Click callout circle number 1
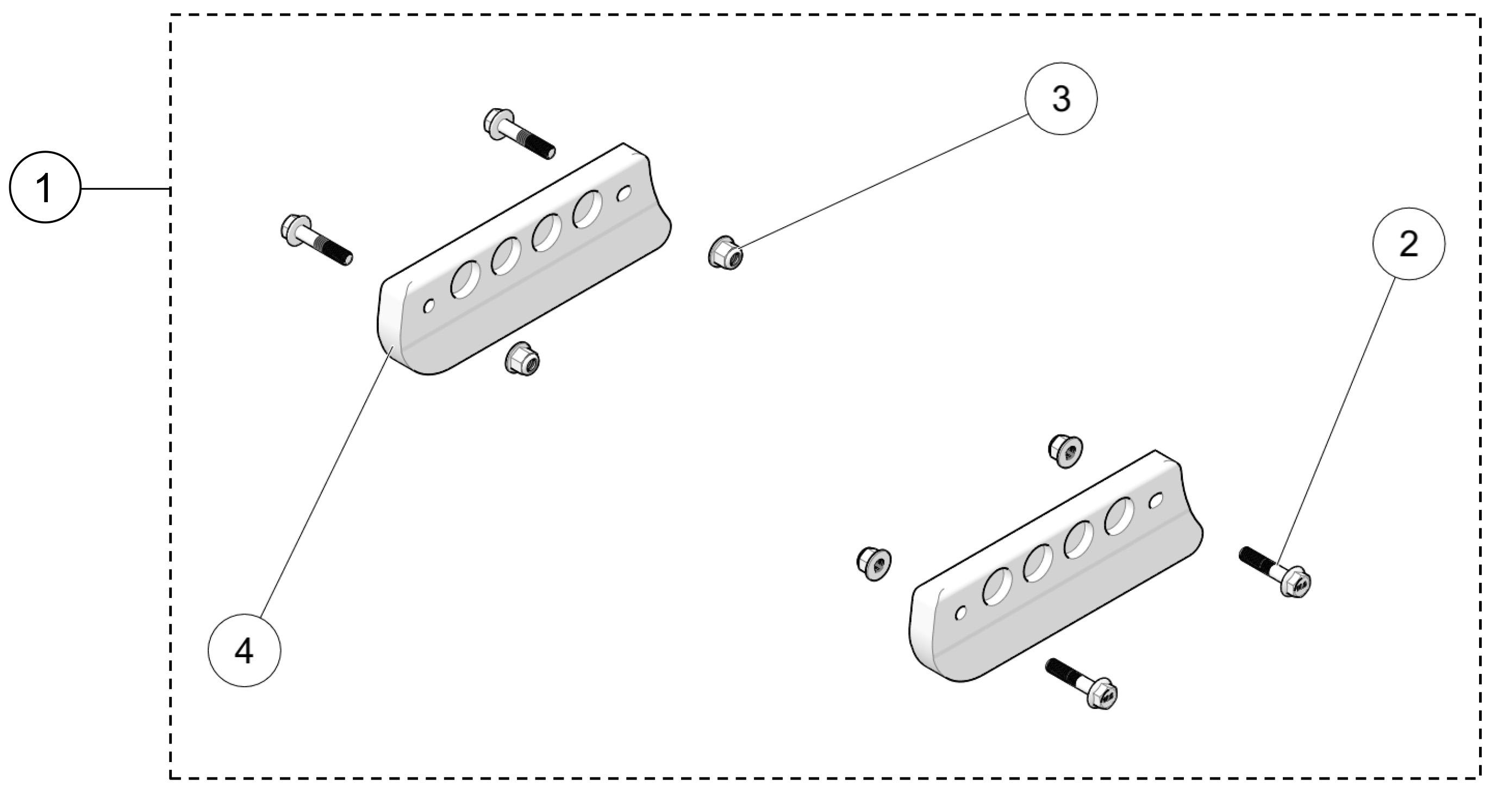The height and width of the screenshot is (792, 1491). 45,187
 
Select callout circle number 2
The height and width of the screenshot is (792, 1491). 1408,244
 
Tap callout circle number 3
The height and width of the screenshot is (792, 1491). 1060,99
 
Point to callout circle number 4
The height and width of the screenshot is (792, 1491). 244,651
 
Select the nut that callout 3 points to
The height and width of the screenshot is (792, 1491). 725,253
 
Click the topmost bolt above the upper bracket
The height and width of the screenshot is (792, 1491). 519,133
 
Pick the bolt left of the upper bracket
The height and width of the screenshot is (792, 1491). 316,240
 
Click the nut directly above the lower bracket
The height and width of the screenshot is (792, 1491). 1065,451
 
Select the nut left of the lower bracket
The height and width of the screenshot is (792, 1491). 874,563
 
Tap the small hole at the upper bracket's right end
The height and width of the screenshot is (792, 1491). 624,194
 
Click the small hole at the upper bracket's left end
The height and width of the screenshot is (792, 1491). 429,305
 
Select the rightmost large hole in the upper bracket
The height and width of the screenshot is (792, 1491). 587,208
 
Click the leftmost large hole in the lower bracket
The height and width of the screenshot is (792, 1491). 998,586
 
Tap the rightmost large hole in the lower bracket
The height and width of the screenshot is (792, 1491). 1119,516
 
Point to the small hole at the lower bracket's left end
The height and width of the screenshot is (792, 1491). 961,612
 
